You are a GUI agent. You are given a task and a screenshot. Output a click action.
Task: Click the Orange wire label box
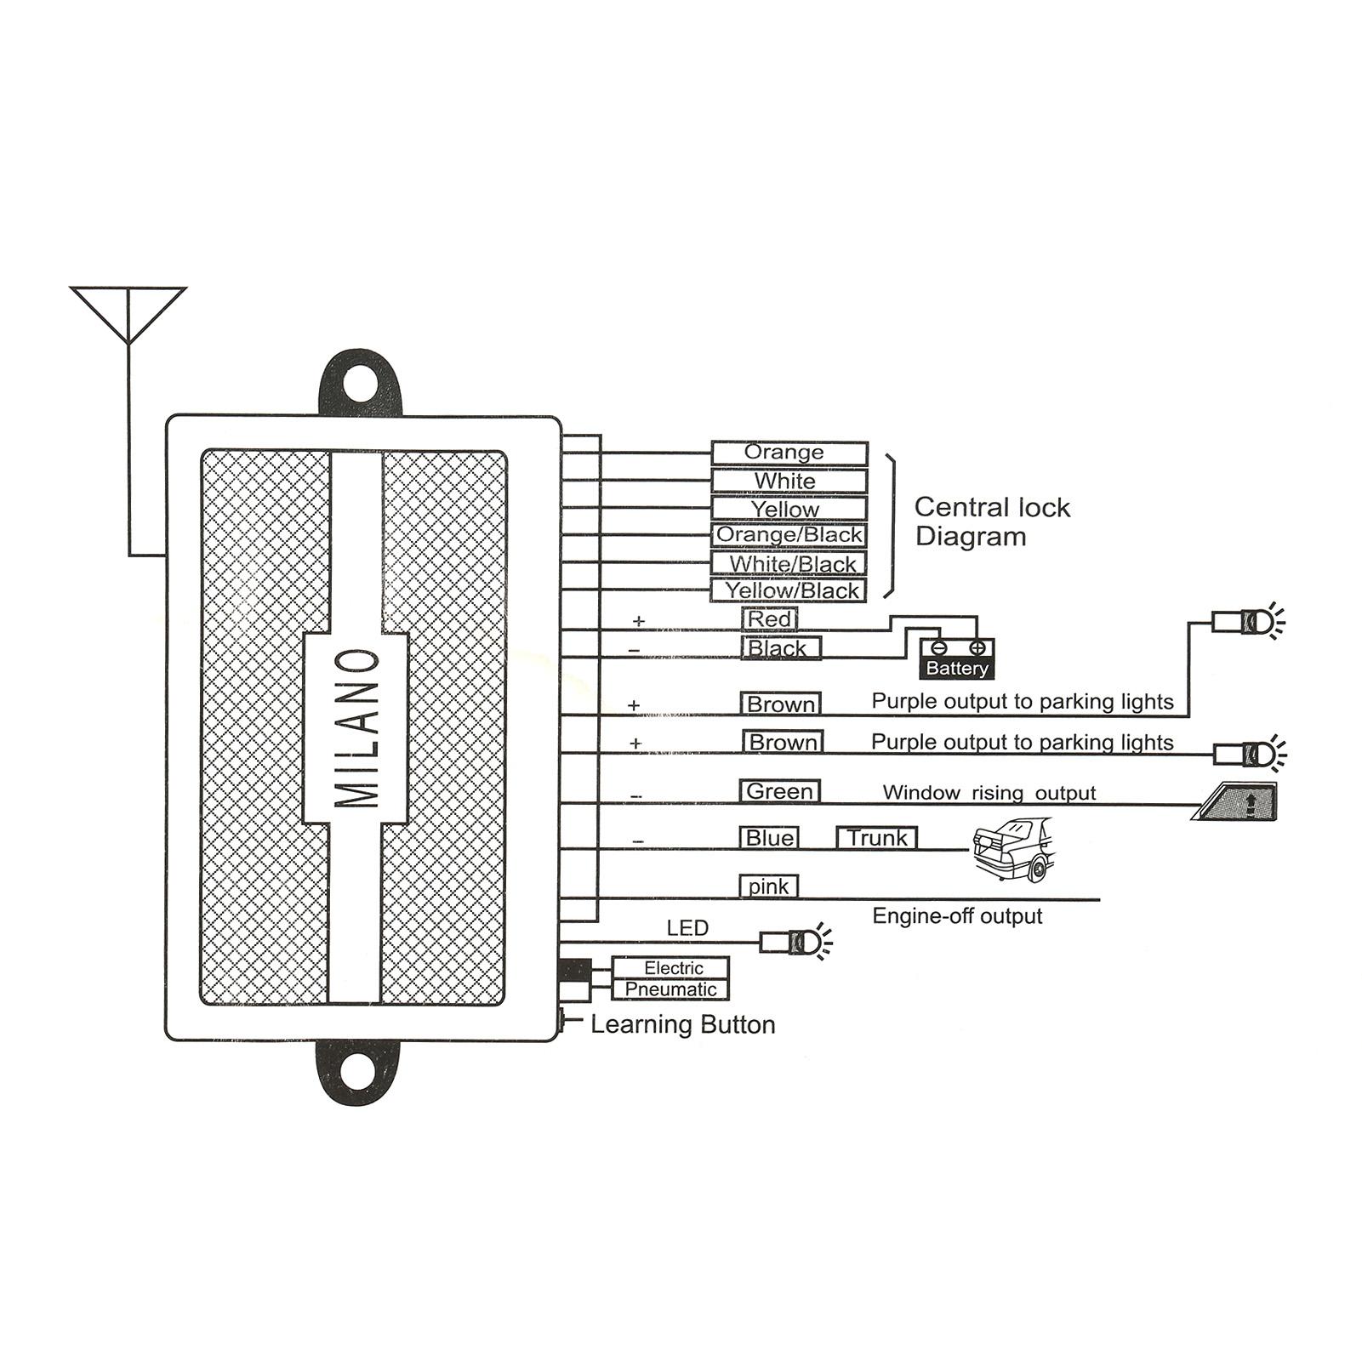(789, 453)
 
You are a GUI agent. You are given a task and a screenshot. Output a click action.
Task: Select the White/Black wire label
(789, 564)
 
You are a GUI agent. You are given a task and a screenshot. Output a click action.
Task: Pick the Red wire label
(770, 619)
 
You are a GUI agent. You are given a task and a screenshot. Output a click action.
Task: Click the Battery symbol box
(957, 658)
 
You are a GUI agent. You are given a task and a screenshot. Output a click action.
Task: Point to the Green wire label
(780, 791)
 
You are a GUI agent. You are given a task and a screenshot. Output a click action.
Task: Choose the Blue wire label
(769, 838)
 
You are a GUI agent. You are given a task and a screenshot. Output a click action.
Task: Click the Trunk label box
(877, 838)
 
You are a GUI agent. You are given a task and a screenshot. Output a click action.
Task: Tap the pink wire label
(768, 886)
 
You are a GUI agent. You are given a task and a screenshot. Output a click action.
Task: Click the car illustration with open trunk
(1013, 849)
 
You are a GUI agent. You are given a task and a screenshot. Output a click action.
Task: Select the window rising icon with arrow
(1235, 801)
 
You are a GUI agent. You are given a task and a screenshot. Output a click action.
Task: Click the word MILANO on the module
(356, 728)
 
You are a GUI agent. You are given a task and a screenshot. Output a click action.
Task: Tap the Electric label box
(671, 968)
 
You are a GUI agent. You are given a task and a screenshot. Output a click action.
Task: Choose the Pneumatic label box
(671, 989)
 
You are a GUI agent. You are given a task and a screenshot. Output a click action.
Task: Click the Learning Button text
(683, 1024)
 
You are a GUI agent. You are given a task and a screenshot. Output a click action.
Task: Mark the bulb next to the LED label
(796, 941)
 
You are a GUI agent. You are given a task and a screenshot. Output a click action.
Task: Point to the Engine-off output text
(957, 916)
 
